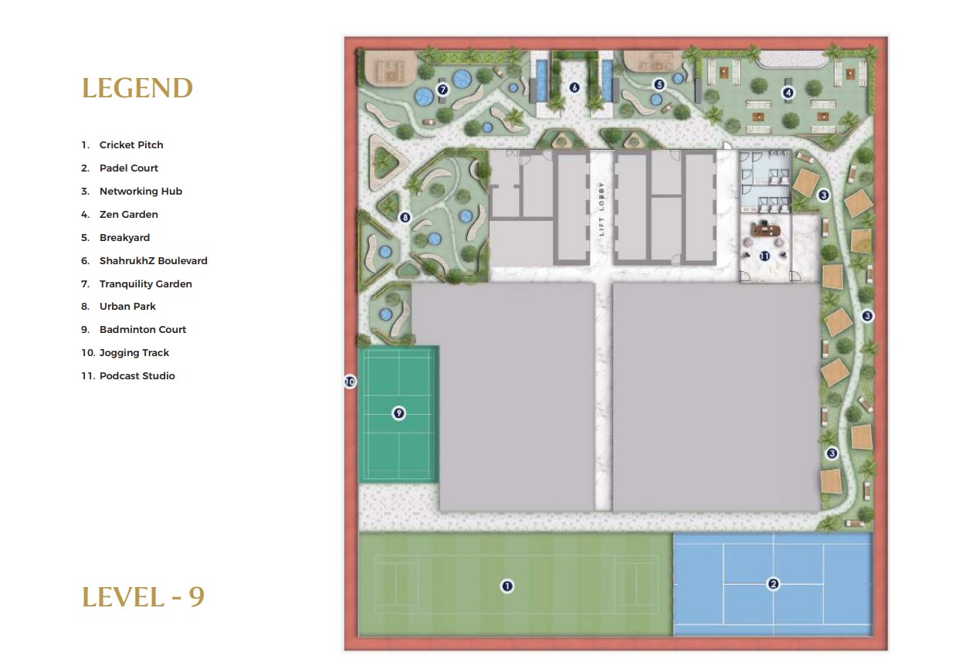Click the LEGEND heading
(137, 88)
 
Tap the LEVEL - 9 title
(143, 597)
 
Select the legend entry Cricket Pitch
(122, 144)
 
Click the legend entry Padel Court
(120, 168)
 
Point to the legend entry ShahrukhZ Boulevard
(144, 260)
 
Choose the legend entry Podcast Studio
(128, 375)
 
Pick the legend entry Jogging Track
(125, 353)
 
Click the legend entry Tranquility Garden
(137, 284)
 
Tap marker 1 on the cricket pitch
(507, 586)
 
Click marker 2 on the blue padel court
(773, 584)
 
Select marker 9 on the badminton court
(398, 413)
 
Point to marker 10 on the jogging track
(350, 382)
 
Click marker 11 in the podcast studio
(764, 256)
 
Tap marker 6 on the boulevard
(575, 88)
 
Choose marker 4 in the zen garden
(788, 93)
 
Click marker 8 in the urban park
(405, 217)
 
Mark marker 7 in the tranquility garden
(442, 90)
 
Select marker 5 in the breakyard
(659, 84)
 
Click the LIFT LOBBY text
(602, 209)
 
